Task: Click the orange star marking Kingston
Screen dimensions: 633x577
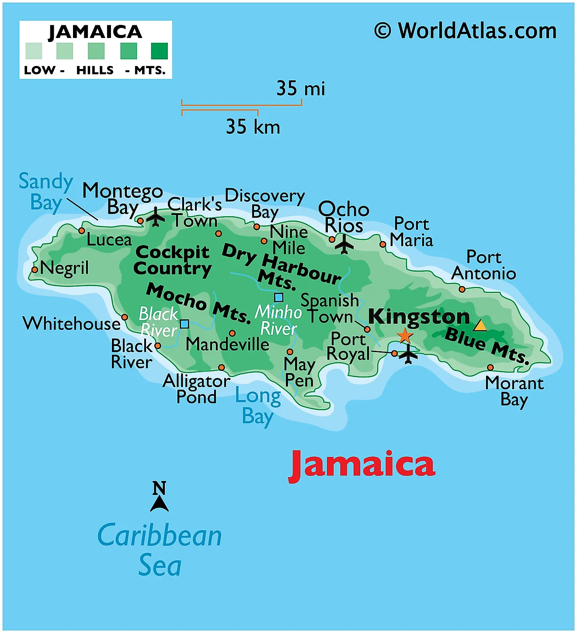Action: coord(405,336)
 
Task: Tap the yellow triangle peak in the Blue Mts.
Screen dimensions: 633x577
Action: coord(480,326)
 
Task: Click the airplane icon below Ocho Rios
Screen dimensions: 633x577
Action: coord(344,244)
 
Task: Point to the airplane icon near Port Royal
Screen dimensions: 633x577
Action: coord(409,353)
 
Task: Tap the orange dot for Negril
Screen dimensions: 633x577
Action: coord(35,270)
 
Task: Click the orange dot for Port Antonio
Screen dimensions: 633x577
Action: coord(462,289)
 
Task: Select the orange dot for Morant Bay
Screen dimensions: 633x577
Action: coord(490,368)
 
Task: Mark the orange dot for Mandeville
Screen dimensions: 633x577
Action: coord(232,333)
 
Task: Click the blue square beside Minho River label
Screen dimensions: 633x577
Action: coord(278,298)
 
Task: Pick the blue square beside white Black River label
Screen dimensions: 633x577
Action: coord(184,324)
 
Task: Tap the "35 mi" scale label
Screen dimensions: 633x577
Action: coord(301,89)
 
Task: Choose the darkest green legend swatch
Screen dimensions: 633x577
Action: coord(160,51)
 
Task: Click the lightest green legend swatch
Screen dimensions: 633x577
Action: coord(34,51)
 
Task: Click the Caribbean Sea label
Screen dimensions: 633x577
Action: coord(160,550)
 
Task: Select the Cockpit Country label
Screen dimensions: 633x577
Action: coord(172,260)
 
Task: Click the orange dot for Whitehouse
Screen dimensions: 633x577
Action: coord(125,317)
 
